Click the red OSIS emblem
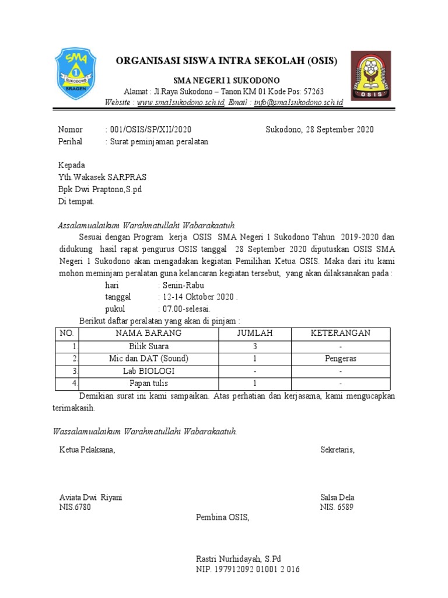point(372,76)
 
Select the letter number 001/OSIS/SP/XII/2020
point(150,130)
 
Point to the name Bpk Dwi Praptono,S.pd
point(100,189)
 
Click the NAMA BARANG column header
point(148,333)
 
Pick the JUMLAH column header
point(254,333)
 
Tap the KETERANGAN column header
point(341,333)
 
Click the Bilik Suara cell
point(148,346)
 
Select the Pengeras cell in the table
point(341,359)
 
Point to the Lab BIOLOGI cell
point(148,371)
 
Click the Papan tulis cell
point(148,384)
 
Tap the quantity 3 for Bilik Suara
point(254,346)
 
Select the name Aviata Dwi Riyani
point(90,498)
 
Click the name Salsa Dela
point(337,498)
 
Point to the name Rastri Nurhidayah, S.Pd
point(239,559)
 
